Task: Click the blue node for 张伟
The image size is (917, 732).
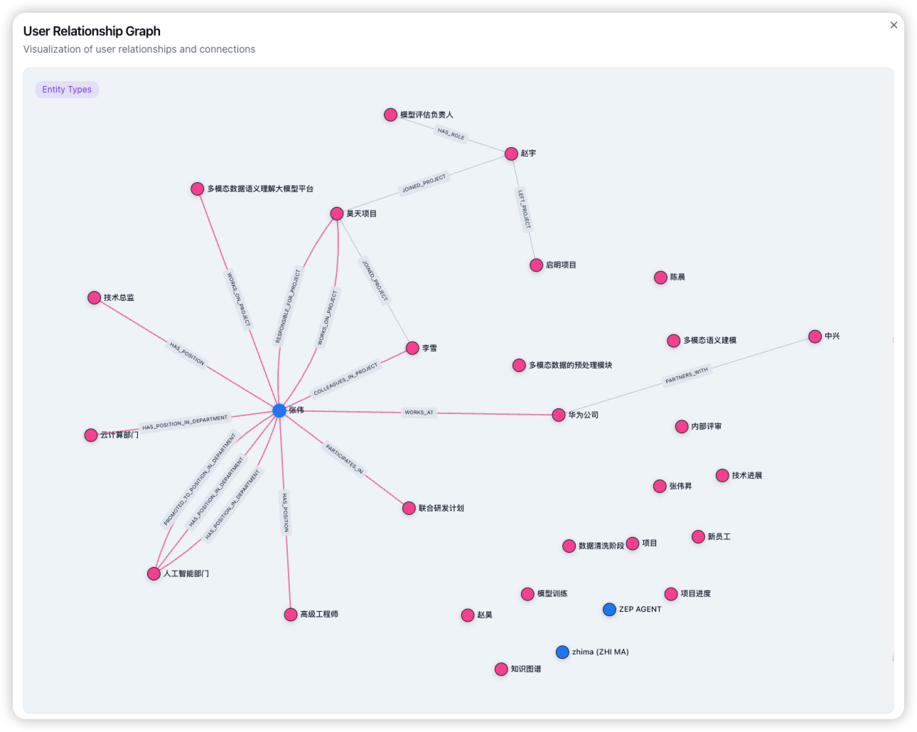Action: pyautogui.click(x=279, y=410)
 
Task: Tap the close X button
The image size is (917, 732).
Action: pyautogui.click(x=894, y=25)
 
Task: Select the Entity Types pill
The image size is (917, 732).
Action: pyautogui.click(x=67, y=90)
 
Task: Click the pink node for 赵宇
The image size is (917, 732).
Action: pyautogui.click(x=511, y=154)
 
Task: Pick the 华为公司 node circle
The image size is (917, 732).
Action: pyautogui.click(x=559, y=415)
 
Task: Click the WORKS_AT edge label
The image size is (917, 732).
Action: pyautogui.click(x=419, y=413)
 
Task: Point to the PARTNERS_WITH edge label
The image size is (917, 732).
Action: pyautogui.click(x=687, y=376)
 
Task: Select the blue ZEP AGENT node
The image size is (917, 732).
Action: pyautogui.click(x=609, y=610)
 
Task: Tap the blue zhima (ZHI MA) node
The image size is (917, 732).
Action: pyautogui.click(x=562, y=652)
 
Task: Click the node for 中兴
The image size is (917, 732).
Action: pyautogui.click(x=815, y=336)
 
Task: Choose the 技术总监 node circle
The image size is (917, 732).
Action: pyautogui.click(x=94, y=298)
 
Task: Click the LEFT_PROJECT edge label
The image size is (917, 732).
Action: pyautogui.click(x=524, y=209)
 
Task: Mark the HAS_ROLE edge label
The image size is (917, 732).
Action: pyautogui.click(x=451, y=134)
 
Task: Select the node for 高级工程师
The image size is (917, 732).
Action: pyautogui.click(x=291, y=615)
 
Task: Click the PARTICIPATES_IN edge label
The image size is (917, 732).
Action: pyautogui.click(x=344, y=459)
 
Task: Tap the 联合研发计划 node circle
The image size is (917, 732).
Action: pyautogui.click(x=409, y=508)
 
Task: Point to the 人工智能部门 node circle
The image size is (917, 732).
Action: pyautogui.click(x=154, y=573)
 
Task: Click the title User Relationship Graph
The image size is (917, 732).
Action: pyautogui.click(x=92, y=31)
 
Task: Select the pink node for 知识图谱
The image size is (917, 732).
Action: pyautogui.click(x=501, y=669)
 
